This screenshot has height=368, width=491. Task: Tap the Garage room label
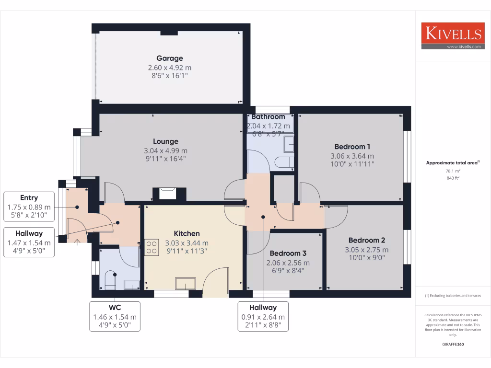[169, 58]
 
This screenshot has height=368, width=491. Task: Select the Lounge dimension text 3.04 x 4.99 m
[165, 150]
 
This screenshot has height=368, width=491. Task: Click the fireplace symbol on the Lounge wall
[167, 193]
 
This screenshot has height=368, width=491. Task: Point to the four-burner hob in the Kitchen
[152, 246]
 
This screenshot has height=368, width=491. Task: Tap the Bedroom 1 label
[352, 147]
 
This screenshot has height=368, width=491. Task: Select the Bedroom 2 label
[366, 240]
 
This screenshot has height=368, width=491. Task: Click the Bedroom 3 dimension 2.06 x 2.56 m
[288, 263]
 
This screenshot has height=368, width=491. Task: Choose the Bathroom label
[268, 116]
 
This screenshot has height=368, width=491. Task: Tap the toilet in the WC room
[109, 280]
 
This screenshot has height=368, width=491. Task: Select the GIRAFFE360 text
[453, 344]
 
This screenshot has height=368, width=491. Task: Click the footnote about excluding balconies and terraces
[453, 296]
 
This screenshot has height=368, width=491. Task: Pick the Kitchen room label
[187, 233]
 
